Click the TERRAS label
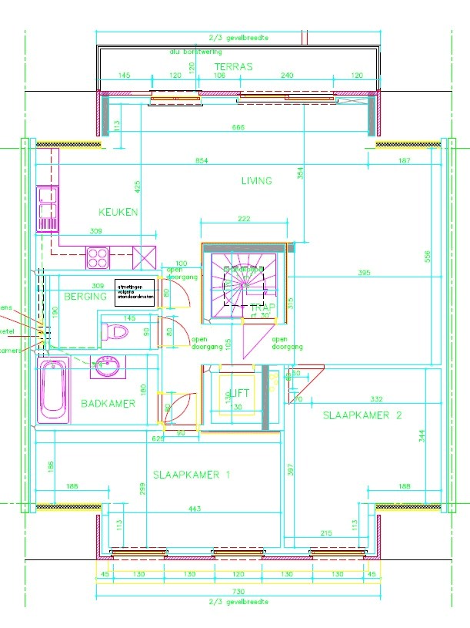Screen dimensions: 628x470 (x=233, y=67)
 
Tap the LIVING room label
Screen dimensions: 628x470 (x=256, y=181)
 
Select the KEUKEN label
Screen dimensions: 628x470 (x=118, y=212)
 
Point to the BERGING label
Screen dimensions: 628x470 (x=85, y=297)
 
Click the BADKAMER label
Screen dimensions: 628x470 (x=108, y=403)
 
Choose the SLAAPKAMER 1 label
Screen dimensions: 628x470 (x=191, y=475)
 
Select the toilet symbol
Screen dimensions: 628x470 (x=115, y=333)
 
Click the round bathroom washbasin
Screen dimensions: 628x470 (x=106, y=367)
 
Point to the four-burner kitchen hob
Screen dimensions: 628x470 (x=98, y=256)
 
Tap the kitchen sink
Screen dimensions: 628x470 (x=47, y=208)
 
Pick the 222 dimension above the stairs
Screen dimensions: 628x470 (x=244, y=220)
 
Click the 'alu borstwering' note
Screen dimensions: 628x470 (x=195, y=52)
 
